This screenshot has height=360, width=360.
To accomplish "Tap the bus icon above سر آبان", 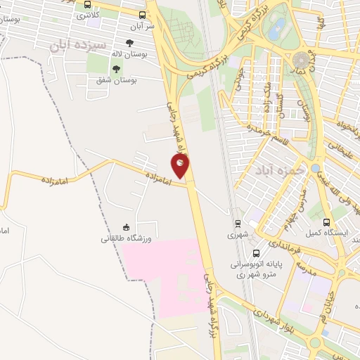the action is (x=143, y=14).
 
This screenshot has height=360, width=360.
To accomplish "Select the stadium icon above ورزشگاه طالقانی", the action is (x=127, y=226).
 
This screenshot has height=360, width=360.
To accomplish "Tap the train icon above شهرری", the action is (x=239, y=224).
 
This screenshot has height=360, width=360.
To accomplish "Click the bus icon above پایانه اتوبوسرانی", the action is (x=255, y=253).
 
